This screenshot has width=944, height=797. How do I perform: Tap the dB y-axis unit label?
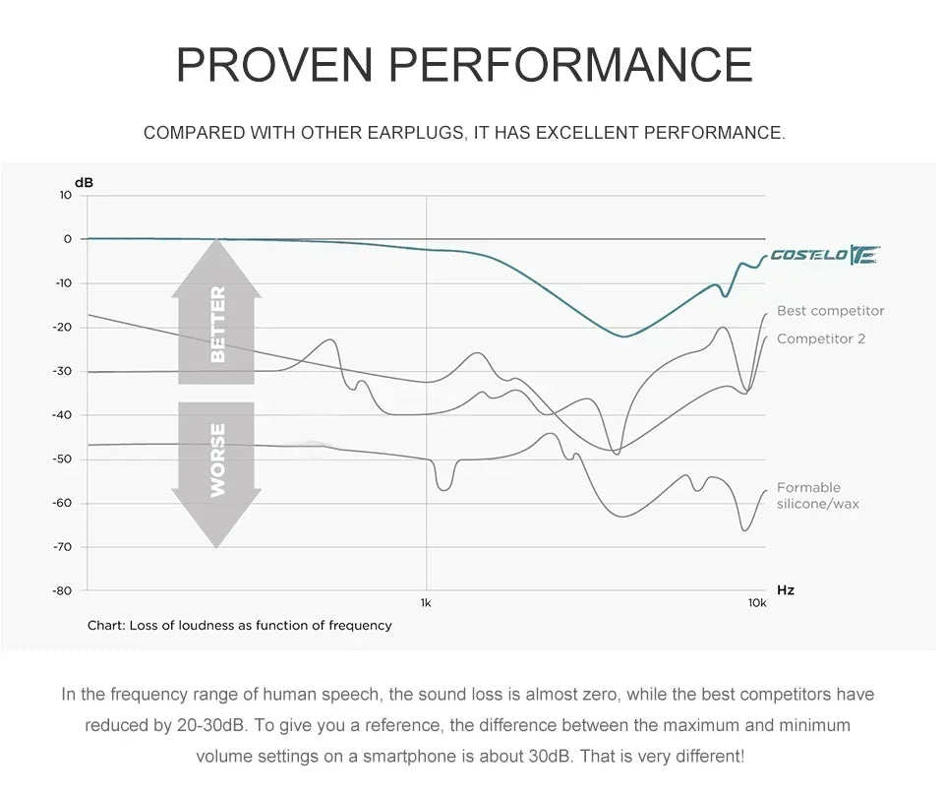click(85, 182)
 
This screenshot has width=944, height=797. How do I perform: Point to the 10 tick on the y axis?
click(65, 195)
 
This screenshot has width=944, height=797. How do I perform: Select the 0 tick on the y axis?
click(68, 239)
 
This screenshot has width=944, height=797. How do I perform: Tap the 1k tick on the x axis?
click(426, 602)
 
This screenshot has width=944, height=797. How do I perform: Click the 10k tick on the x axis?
click(756, 602)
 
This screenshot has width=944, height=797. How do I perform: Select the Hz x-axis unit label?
click(786, 590)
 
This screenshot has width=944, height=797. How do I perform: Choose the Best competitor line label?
click(830, 311)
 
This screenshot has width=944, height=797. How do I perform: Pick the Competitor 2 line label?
click(821, 339)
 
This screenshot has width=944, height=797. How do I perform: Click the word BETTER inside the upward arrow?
click(217, 324)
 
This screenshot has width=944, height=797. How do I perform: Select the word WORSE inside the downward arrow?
click(217, 459)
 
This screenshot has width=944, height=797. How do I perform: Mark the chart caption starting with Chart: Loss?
click(239, 625)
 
